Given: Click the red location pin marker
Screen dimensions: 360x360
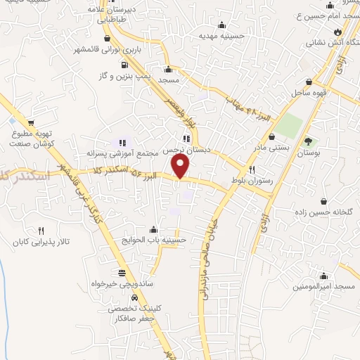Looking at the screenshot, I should click(181, 166).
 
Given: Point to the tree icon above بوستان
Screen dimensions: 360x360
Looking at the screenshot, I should click(307, 143).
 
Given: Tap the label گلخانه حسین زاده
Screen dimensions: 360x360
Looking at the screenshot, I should click(323, 192).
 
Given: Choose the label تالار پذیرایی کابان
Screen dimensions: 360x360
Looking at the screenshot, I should click(39, 242).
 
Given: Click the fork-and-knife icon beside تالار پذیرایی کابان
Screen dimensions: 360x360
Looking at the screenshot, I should click(41, 231).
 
